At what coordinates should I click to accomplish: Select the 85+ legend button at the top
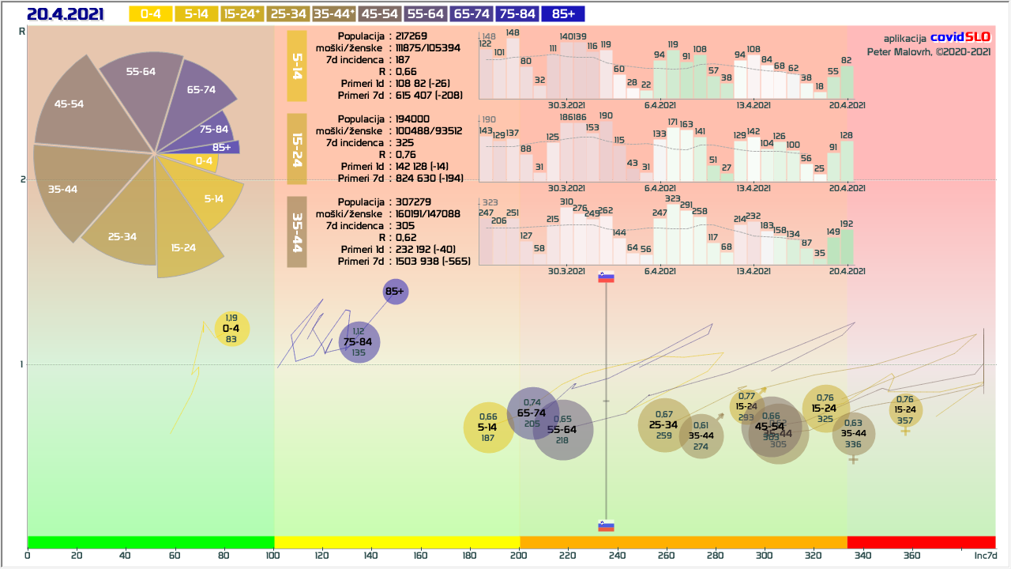point(563,14)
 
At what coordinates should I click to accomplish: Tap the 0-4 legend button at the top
point(150,14)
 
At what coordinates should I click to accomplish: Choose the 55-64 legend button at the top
point(426,14)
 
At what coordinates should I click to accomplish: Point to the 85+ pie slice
point(222,147)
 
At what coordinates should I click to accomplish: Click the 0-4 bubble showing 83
point(231,329)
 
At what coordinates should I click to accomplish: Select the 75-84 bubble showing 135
point(359,342)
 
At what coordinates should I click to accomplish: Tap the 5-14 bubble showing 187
point(488,428)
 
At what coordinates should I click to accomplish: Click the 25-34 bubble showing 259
point(664,425)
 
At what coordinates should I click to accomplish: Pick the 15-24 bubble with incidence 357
point(905,409)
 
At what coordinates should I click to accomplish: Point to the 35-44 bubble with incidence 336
point(853,433)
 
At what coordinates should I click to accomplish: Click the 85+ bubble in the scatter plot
point(395,292)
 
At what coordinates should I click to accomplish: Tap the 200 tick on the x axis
point(519,556)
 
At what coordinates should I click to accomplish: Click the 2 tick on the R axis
point(22,179)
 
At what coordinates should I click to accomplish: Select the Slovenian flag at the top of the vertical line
point(606,277)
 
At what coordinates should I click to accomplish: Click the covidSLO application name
point(960,37)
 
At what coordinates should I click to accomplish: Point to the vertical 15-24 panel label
point(296,149)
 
